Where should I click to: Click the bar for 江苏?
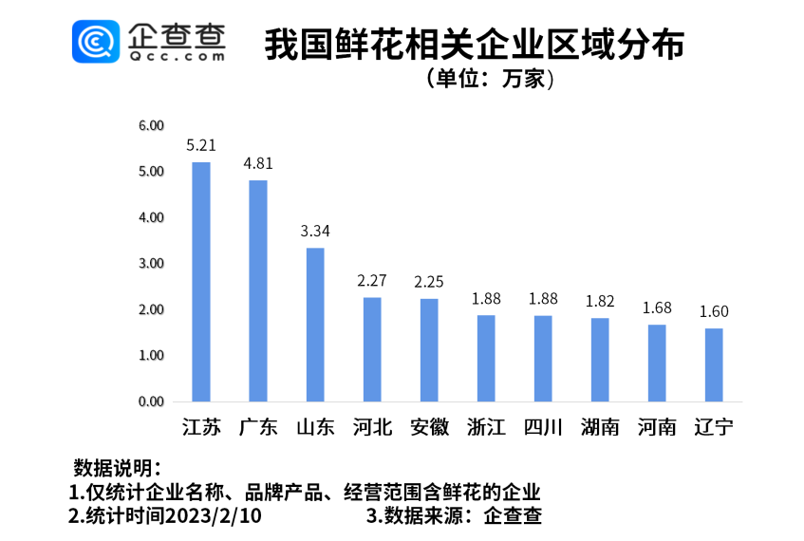click(x=201, y=282)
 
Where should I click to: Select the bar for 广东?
click(x=258, y=290)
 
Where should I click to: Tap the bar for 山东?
click(x=315, y=325)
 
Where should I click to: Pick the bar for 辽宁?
click(x=714, y=364)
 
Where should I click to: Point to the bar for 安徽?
click(x=429, y=349)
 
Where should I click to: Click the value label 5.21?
click(x=201, y=145)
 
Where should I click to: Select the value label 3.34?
click(x=315, y=231)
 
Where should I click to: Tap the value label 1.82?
click(x=600, y=301)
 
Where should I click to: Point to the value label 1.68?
click(x=657, y=308)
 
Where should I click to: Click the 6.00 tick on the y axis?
click(x=151, y=125)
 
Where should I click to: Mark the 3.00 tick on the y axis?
click(x=151, y=263)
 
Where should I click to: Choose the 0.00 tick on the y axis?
click(x=151, y=401)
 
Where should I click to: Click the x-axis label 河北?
click(x=372, y=427)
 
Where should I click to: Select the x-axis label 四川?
click(x=543, y=427)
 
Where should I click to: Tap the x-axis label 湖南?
click(x=600, y=427)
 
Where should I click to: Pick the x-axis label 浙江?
click(x=486, y=427)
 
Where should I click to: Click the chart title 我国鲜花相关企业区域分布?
click(x=475, y=45)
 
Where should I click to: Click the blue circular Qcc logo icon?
click(x=96, y=42)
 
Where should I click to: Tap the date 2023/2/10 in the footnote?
click(x=213, y=516)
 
